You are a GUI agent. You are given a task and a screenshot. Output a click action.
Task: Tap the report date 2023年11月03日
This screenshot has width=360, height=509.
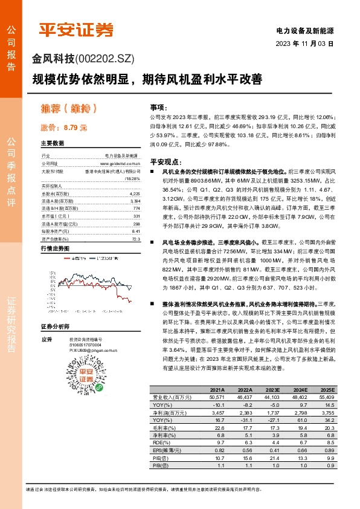[x=305, y=44]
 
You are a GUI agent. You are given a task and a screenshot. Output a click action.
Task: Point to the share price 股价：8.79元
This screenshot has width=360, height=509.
[x=63, y=128]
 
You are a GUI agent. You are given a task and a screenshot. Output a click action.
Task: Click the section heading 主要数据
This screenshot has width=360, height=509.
[x=52, y=143]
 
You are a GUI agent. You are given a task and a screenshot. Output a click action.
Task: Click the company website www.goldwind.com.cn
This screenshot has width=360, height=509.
[x=120, y=163]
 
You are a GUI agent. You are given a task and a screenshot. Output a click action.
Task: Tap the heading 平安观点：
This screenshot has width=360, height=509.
[x=166, y=162]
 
